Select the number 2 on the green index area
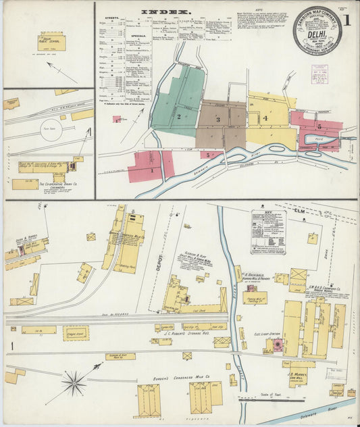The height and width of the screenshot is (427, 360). (178, 116)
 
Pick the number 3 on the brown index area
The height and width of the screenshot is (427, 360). (217, 120)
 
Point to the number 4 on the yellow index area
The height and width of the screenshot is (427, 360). (265, 118)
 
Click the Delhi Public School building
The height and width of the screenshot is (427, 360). (51, 42)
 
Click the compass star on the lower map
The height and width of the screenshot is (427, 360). (74, 384)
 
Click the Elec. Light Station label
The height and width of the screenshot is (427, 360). (266, 333)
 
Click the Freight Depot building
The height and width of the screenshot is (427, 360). (76, 332)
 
